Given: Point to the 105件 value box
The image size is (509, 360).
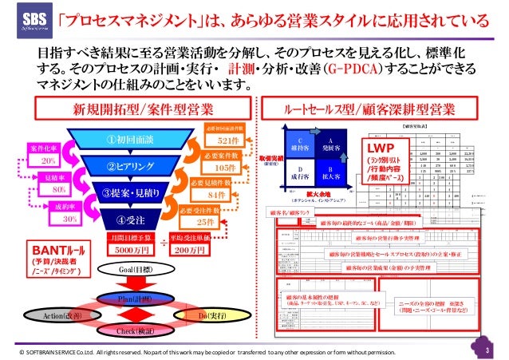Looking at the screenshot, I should [224, 168].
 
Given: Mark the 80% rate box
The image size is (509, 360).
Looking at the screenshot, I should [58, 190].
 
